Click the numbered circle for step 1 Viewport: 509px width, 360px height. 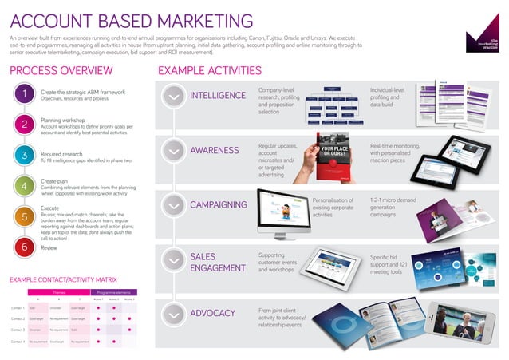26,96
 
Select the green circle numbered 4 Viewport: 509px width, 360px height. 26,186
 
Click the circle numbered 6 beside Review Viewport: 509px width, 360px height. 26,248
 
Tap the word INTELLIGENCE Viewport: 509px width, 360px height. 218,96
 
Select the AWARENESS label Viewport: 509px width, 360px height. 214,150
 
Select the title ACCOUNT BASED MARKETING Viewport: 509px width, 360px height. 132,20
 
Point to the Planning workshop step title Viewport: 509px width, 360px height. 64,121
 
